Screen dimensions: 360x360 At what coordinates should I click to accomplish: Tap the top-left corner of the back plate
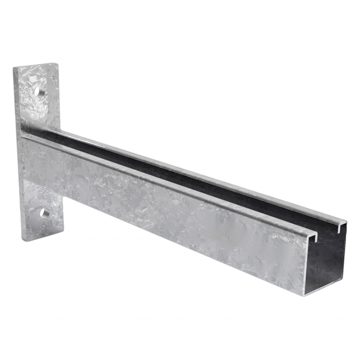pos(13,67)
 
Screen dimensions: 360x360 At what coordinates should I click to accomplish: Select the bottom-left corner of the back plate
pos(23,242)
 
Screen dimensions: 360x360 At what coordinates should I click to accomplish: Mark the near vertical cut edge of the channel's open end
pos(303,267)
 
